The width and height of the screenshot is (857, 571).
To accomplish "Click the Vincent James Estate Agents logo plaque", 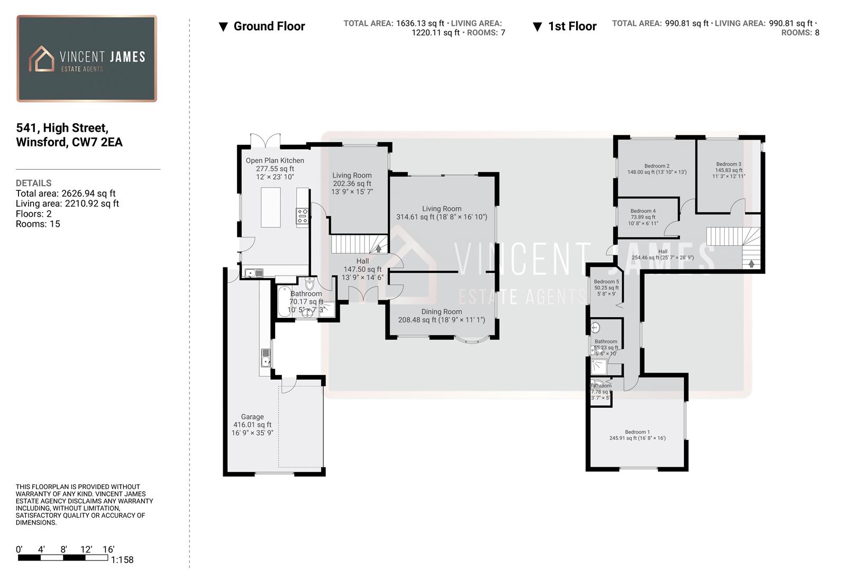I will (x=87, y=58).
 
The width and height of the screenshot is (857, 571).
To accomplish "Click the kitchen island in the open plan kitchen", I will (x=270, y=207).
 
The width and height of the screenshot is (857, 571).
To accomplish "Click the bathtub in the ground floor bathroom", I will (x=284, y=301).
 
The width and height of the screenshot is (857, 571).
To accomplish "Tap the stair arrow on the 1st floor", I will (x=751, y=263).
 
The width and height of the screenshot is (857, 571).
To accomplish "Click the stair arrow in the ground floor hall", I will (x=378, y=248).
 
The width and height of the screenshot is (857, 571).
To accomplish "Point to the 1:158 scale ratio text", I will (x=122, y=560).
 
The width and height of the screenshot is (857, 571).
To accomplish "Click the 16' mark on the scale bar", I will (x=108, y=549).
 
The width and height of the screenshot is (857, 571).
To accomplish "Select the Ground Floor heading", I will (x=269, y=26).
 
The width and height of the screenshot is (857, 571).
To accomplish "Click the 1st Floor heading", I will (x=572, y=26).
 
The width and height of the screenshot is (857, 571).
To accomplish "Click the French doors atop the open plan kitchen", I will (x=265, y=141).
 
